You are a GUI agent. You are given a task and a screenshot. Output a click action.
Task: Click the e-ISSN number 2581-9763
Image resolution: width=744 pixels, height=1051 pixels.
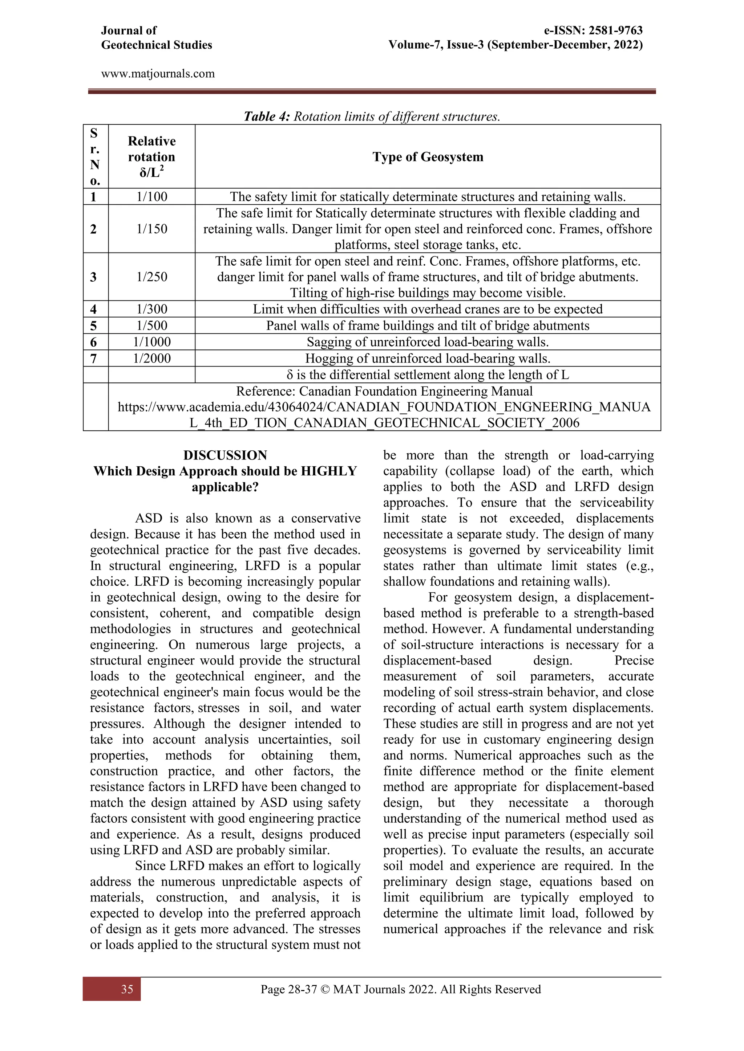pos(616,31)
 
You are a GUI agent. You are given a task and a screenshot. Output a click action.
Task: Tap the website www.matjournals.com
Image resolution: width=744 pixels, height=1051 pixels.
pos(158,74)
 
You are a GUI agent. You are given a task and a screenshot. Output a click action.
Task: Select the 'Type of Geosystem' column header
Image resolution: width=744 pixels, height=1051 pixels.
pos(428,157)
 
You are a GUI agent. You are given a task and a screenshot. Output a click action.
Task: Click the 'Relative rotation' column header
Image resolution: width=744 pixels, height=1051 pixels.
pos(151,149)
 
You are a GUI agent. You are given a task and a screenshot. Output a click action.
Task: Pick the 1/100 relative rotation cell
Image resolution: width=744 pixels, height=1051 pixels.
pos(151,197)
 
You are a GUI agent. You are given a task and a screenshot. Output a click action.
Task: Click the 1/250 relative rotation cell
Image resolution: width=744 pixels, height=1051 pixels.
pos(151,277)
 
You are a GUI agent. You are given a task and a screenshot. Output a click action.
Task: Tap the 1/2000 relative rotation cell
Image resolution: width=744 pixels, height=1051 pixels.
pos(151,359)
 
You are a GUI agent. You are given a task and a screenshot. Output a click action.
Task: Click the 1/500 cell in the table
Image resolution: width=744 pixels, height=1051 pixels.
pos(151,326)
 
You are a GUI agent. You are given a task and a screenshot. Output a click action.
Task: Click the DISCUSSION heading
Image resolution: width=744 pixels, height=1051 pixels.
pos(225,455)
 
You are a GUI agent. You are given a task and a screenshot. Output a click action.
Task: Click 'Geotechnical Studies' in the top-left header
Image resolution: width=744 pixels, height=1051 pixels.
pos(156,45)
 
